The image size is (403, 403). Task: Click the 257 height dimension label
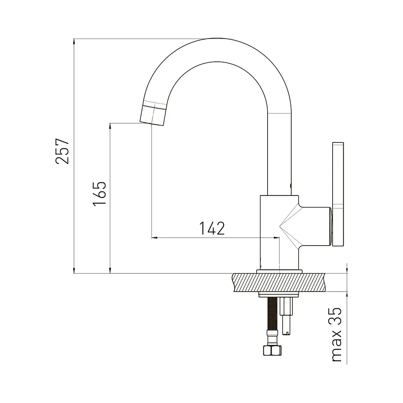62,151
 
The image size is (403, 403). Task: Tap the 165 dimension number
100,194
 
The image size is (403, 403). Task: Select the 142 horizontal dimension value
212,228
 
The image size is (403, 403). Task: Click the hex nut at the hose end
272,350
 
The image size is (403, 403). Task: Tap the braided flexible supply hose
272,314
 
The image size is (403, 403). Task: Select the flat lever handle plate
338,194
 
